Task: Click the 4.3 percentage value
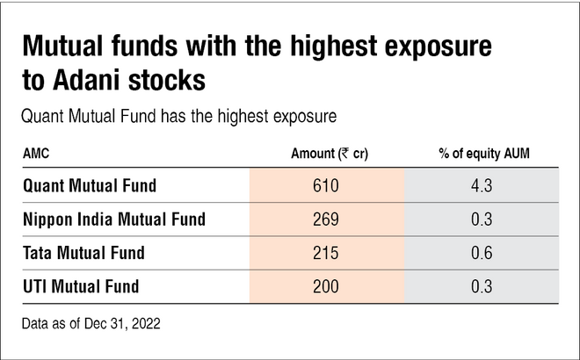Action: (482, 185)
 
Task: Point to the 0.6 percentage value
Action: (482, 253)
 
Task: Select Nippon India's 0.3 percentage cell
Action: (482, 220)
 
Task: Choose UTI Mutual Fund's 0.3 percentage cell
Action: (482, 286)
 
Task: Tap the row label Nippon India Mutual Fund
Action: (115, 220)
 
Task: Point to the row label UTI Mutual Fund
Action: (81, 286)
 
